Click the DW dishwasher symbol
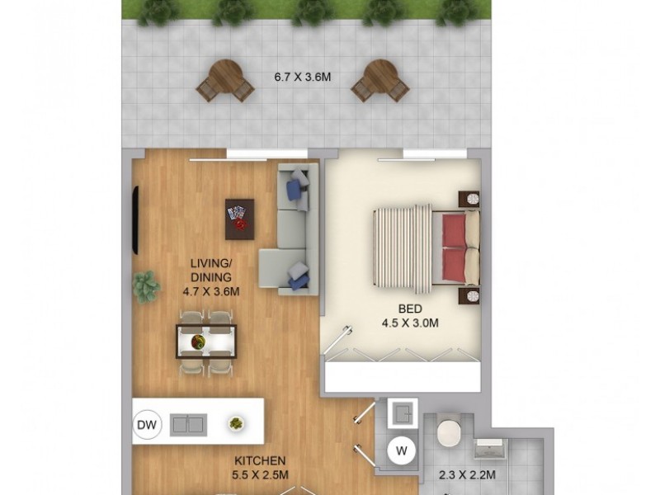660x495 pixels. (x=146, y=425)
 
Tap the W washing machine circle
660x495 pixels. (x=402, y=450)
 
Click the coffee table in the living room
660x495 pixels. (x=239, y=219)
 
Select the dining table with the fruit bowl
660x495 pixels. (x=205, y=342)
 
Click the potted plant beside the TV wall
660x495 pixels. (x=146, y=286)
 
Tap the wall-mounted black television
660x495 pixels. (x=134, y=221)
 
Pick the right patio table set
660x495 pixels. (x=380, y=81)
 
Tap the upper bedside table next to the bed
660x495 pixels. (x=469, y=198)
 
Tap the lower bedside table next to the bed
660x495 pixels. (x=469, y=295)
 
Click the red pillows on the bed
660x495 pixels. (x=453, y=247)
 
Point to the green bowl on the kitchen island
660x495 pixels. (x=236, y=423)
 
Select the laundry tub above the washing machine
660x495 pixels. (x=402, y=413)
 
